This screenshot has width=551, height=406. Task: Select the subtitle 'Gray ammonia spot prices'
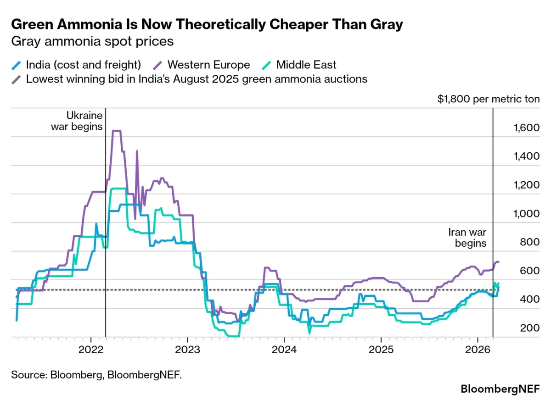(x=92, y=41)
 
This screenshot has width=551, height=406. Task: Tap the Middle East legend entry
(x=306, y=65)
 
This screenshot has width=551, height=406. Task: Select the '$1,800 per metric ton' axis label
(x=489, y=99)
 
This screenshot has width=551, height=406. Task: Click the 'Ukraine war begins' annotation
(x=77, y=121)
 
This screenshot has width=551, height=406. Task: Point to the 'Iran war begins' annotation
(x=467, y=238)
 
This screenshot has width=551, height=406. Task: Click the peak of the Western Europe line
(x=117, y=131)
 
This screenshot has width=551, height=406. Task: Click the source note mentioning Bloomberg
(x=96, y=375)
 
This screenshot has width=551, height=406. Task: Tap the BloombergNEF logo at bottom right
(x=500, y=389)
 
